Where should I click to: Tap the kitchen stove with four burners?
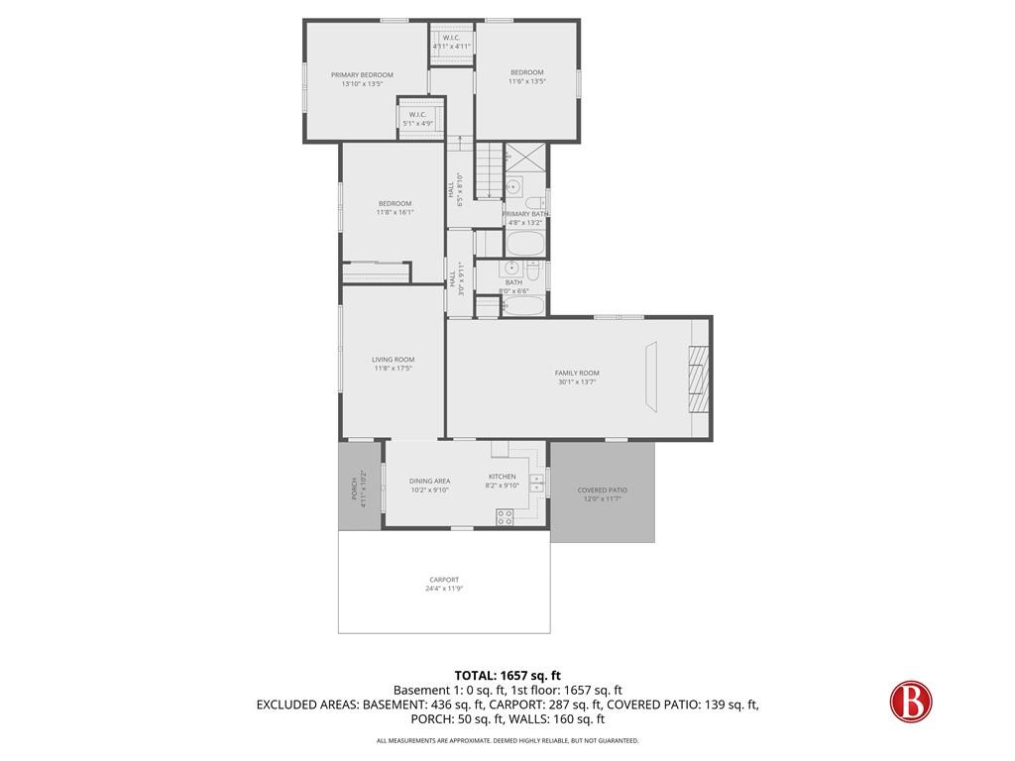pyautogui.click(x=504, y=515)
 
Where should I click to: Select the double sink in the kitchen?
pyautogui.click(x=536, y=483)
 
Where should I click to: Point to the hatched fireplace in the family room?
pyautogui.click(x=700, y=380)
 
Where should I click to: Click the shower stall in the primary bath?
pyautogui.click(x=524, y=158)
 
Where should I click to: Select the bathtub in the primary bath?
pyautogui.click(x=523, y=244)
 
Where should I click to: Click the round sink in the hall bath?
pyautogui.click(x=511, y=268)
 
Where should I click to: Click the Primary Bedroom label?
pyautogui.click(x=362, y=75)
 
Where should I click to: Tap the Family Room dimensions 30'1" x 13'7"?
pyautogui.click(x=577, y=381)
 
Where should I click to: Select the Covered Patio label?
pyautogui.click(x=602, y=489)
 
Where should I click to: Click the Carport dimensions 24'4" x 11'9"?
pyautogui.click(x=444, y=589)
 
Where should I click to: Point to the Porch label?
pyautogui.click(x=354, y=489)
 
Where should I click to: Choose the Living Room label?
pyautogui.click(x=394, y=360)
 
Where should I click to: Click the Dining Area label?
pyautogui.click(x=429, y=481)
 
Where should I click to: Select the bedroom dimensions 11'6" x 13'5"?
pyautogui.click(x=526, y=81)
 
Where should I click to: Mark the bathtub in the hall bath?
pyautogui.click(x=523, y=305)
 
